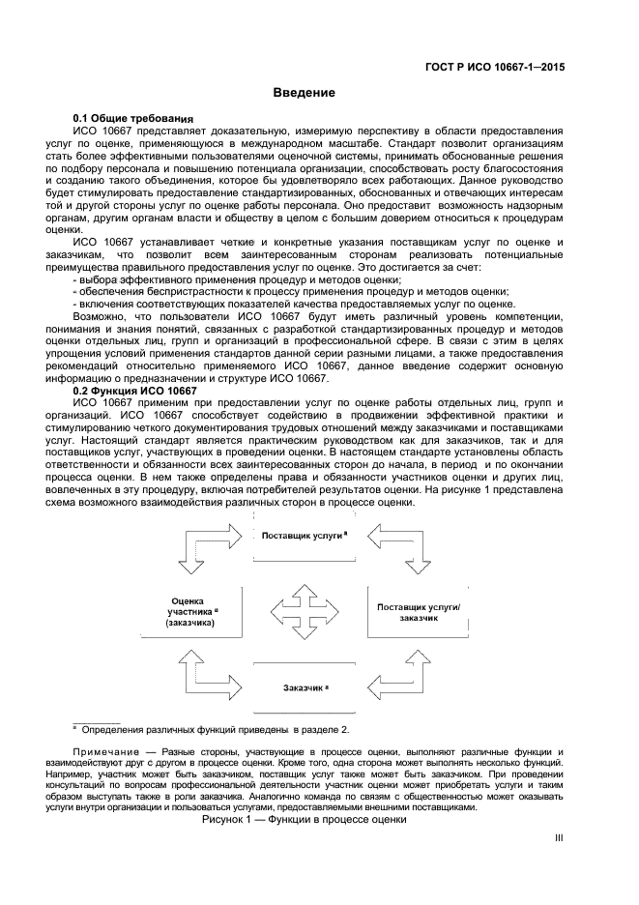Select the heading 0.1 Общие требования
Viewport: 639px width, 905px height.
[134, 117]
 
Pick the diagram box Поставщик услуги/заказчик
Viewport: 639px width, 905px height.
[420, 611]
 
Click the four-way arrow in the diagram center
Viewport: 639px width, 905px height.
[305, 611]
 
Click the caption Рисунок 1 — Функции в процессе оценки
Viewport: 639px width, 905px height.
[304, 819]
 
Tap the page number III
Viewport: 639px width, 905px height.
[558, 840]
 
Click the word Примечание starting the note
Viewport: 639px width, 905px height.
[104, 751]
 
